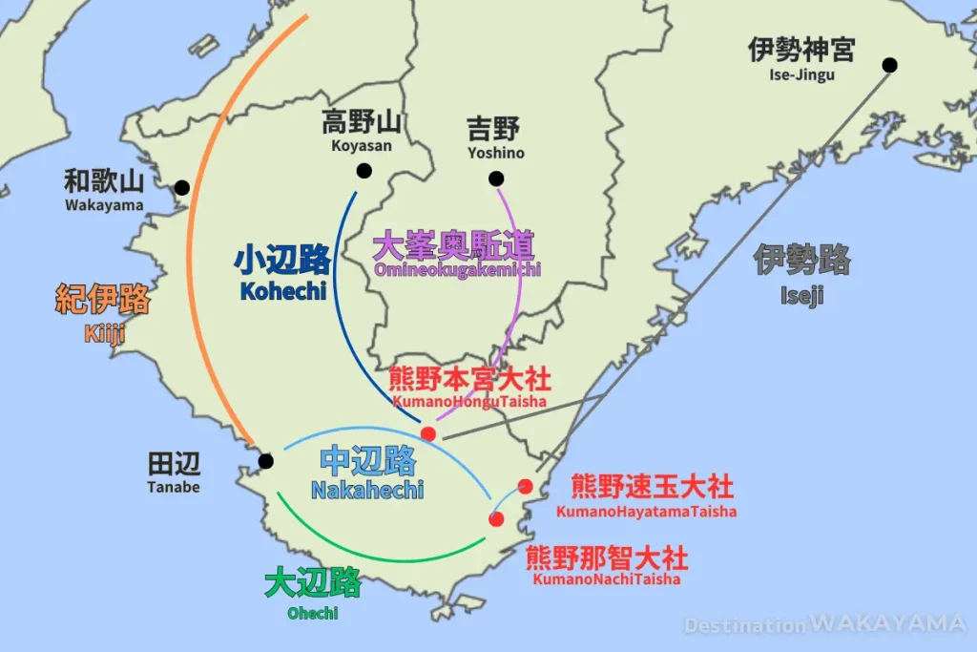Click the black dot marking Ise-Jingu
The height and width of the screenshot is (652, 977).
pos(889,65)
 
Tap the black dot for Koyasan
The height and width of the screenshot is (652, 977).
pos(364,171)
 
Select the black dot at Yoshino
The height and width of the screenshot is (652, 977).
pos(495,179)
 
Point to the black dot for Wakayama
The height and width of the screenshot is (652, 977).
pos(181,187)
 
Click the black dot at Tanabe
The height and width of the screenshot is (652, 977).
pos(265,461)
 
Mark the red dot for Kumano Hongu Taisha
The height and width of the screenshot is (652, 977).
pos(428,434)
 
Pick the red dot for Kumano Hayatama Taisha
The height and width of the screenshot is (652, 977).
pos(525,486)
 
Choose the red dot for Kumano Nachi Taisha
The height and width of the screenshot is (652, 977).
pos(496,519)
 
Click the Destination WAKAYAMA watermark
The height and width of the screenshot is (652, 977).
pos(824,624)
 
